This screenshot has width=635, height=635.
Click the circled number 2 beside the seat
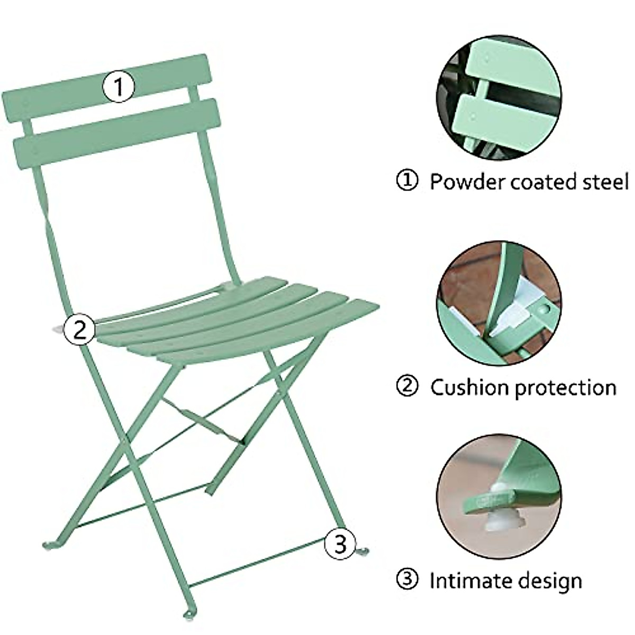click(79, 329)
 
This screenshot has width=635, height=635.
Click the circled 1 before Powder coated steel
click(407, 182)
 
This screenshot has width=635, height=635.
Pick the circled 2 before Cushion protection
click(407, 387)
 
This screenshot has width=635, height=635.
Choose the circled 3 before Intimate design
click(407, 580)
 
